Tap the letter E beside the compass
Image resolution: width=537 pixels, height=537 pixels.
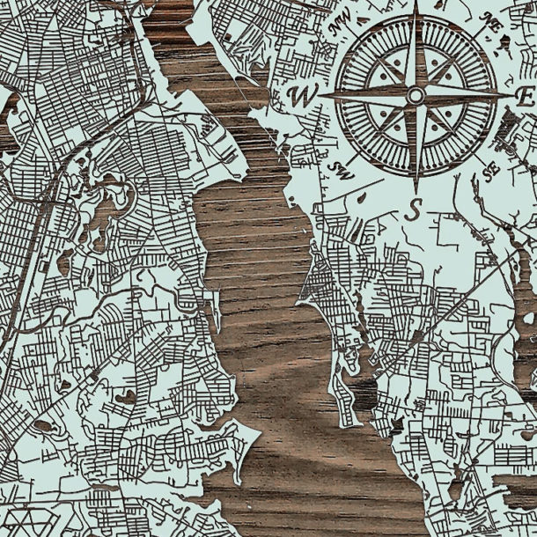(526, 94)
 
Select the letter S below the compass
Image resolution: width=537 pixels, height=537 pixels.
(416, 210)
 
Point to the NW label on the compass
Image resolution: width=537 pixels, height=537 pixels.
(338, 28)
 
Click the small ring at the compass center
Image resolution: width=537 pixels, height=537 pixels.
(416, 94)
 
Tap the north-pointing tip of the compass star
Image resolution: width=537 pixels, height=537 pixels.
(416, 4)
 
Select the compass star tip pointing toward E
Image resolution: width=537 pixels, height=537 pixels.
(511, 94)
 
